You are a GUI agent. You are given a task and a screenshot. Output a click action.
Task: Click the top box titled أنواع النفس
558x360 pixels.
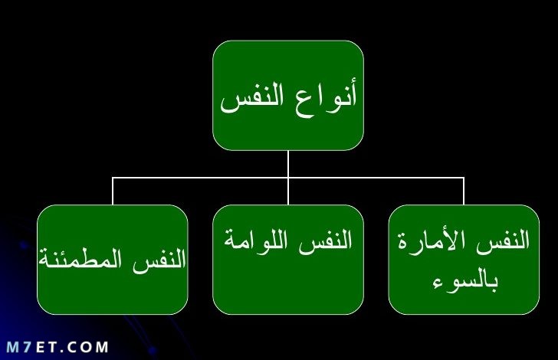[x=288, y=95]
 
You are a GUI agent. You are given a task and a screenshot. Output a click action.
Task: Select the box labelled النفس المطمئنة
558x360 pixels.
[x=113, y=260]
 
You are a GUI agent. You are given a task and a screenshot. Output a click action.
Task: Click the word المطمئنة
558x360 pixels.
[x=80, y=260]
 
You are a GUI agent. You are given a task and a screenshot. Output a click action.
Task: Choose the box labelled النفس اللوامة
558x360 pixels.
[x=288, y=260]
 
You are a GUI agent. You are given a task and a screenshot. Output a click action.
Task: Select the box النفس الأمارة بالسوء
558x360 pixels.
[x=464, y=260]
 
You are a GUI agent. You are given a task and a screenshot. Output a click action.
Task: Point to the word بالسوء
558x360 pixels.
[x=464, y=281]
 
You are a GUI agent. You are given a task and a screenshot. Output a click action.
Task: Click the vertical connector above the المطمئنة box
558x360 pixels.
[x=113, y=191]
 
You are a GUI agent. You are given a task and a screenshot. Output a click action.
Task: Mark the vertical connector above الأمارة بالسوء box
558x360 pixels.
[x=464, y=191]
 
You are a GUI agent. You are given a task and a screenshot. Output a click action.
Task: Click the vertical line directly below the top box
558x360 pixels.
[x=288, y=164]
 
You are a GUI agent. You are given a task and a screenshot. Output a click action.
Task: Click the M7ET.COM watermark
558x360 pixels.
[x=57, y=347]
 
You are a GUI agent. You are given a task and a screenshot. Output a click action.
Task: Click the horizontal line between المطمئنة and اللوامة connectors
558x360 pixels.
[x=200, y=178]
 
